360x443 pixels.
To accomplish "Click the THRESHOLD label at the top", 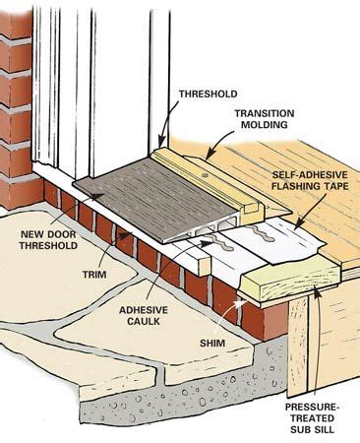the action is click(x=209, y=94).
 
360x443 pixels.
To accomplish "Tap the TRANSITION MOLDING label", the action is click(x=265, y=119).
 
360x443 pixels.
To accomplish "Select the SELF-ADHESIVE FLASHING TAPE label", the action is click(x=310, y=180).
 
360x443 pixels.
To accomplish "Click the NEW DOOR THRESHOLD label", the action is click(x=48, y=240).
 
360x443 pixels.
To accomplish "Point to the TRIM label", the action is click(x=94, y=275).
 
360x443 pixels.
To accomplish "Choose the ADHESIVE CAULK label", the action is click(x=144, y=315).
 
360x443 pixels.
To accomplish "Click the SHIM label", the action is click(x=212, y=344).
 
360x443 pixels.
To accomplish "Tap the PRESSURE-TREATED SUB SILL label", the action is click(x=311, y=418).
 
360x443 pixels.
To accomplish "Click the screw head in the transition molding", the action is click(x=206, y=174).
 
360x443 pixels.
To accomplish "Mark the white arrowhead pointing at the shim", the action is click(x=241, y=302).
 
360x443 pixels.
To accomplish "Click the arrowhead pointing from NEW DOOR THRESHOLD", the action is click(x=97, y=196).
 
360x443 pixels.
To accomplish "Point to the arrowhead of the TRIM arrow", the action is click(x=124, y=235).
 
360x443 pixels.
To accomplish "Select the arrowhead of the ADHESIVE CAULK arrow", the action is click(x=208, y=243).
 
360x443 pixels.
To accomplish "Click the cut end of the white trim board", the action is click(x=205, y=266).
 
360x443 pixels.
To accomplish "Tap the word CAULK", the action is click(x=144, y=321).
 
